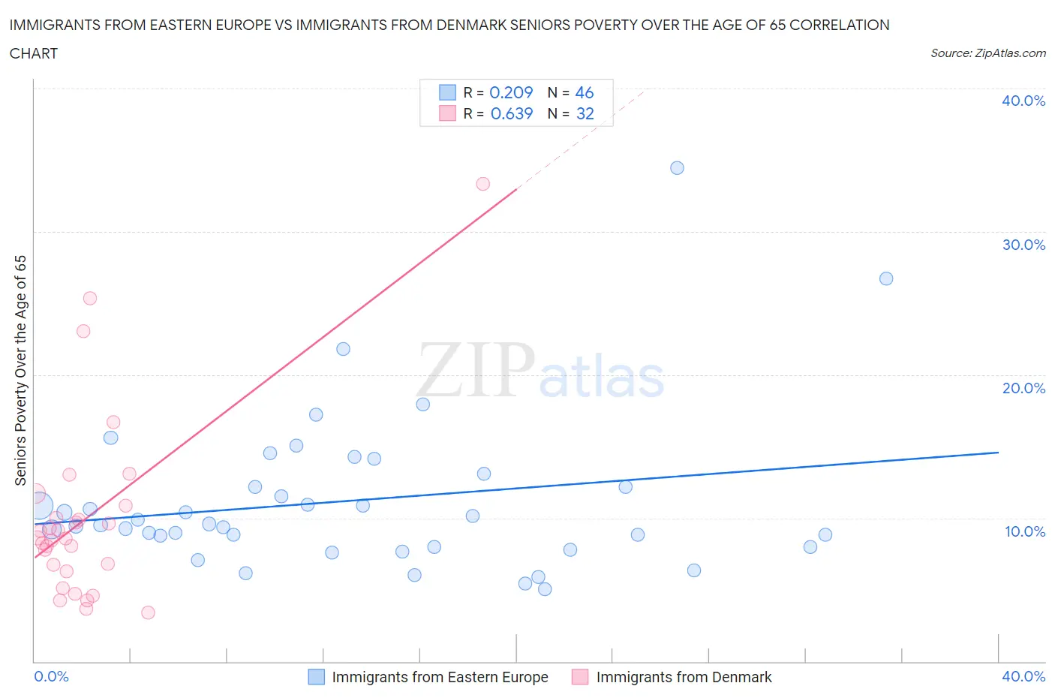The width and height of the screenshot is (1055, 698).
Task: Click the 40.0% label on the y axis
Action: coord(1023,101)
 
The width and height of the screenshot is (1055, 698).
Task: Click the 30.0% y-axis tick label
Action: coord(1023,245)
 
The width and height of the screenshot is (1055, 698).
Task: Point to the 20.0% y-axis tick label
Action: coord(1023,388)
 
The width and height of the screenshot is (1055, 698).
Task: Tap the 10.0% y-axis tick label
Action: coord(1023,531)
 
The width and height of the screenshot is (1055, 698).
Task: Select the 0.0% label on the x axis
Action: coord(51,676)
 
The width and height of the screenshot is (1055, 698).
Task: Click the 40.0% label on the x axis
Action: coord(1023,676)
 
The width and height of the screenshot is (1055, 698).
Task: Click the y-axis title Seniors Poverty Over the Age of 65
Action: coord(20,370)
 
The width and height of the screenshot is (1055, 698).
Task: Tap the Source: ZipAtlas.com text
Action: coord(987,53)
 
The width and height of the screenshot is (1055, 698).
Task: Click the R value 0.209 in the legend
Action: coord(511,92)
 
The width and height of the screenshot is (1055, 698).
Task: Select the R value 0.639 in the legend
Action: coord(511,113)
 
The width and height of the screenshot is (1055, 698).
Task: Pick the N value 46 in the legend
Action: coord(584,92)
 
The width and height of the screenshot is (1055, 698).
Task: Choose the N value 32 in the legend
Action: coord(585,113)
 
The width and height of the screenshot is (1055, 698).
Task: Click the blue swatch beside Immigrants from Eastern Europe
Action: coord(317,677)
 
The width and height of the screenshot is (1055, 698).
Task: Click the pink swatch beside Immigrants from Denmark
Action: coord(580,677)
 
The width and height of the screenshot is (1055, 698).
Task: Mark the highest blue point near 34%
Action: coord(677,167)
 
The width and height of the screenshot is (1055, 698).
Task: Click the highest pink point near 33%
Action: coord(483,184)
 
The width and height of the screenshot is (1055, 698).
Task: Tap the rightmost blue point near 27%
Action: coord(886,278)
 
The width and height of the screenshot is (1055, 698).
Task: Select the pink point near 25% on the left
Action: coord(90,298)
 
